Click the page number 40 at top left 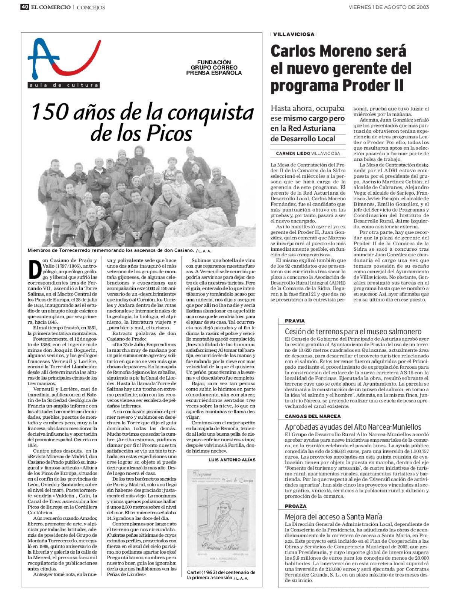[x=25, y=7]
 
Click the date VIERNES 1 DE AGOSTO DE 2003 [x=389, y=7]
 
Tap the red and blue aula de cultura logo [x=64, y=62]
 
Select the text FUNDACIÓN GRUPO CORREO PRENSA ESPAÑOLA [x=214, y=68]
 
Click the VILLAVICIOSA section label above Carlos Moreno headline [x=294, y=34]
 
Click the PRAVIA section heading [x=295, y=321]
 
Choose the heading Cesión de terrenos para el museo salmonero [x=353, y=332]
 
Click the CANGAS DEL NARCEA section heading [x=313, y=416]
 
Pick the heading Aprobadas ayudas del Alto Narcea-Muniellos [x=353, y=427]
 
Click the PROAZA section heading [x=295, y=506]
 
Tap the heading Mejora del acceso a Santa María [x=333, y=517]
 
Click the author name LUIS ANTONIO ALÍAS [x=232, y=460]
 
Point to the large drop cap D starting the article [x=34, y=270]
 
